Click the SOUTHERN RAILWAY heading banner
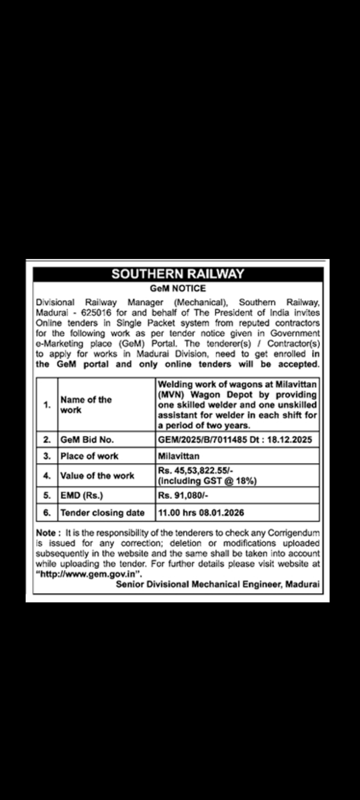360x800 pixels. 177,274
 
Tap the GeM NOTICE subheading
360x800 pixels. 177,288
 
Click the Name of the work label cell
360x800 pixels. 85,405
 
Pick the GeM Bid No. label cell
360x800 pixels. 87,440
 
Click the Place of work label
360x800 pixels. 89,456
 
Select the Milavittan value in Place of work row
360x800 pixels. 178,456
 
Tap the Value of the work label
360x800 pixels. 97,475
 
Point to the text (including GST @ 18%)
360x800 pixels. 207,481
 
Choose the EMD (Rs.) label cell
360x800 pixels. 81,495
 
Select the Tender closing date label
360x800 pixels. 102,512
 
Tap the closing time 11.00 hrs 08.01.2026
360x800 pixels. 201,512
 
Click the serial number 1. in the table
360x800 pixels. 47,405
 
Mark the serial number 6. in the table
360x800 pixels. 47,512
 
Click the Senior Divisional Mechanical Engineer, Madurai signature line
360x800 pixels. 217,584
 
